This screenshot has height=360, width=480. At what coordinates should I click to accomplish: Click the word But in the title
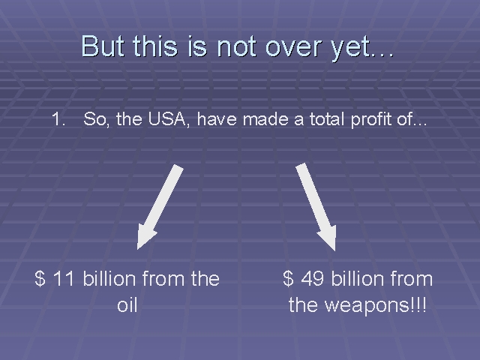point(103,46)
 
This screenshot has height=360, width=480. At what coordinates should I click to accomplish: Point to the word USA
point(168,118)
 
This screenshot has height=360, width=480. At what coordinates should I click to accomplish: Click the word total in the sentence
point(327,118)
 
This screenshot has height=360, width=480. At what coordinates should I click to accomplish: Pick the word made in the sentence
point(265,118)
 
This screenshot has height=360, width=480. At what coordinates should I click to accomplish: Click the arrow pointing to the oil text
point(160,207)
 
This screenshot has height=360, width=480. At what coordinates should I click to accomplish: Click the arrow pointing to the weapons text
point(316,207)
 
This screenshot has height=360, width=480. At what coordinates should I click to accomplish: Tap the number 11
point(64,278)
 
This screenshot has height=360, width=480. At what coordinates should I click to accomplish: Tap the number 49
point(313,278)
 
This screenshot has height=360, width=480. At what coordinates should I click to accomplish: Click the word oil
point(127,305)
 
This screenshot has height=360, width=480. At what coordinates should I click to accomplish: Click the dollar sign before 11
point(40,278)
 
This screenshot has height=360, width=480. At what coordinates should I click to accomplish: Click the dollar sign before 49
point(288,278)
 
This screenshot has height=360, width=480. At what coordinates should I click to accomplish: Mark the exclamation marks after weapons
point(418,304)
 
